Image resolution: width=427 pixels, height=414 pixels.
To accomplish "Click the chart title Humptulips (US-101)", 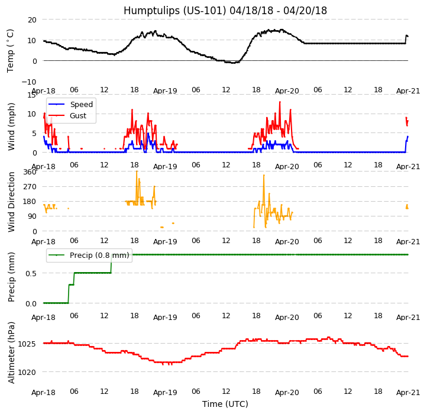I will pos(225,11).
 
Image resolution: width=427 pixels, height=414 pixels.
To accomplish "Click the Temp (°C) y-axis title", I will pos(11,50).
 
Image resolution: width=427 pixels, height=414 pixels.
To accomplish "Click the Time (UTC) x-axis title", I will pos(225,404).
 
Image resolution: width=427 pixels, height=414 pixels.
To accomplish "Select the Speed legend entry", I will pos(81,105).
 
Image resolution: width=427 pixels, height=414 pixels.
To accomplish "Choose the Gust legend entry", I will pos(80,117).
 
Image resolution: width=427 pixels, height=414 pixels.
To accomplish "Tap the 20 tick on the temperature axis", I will pos(31,20).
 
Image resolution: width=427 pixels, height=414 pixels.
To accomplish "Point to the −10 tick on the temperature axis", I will pos(29,82).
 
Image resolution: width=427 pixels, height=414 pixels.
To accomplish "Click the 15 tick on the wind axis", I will pos(31,95).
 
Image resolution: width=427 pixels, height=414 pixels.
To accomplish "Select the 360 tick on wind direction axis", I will pos(29,172).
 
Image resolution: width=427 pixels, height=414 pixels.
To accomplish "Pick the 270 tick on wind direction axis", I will pos(29,187).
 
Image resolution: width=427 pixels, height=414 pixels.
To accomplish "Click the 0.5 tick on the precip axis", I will pos(29,273).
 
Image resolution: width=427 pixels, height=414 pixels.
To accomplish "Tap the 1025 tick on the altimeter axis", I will pos(27,344).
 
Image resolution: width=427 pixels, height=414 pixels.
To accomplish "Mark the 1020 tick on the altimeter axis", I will pos(27,372).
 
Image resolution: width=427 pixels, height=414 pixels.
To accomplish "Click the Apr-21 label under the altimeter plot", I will pos(408,393).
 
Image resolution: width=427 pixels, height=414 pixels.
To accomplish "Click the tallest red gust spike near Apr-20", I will pos(280,102).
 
